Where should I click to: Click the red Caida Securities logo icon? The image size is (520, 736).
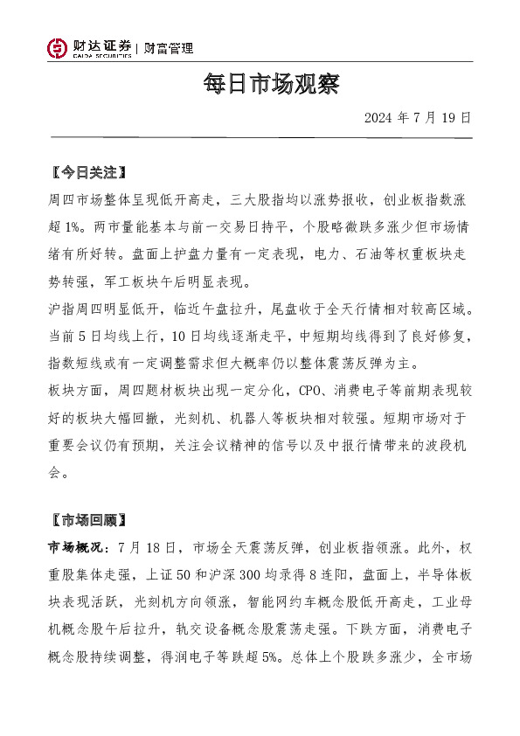pyautogui.click(x=57, y=49)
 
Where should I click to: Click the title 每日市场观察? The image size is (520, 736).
pyautogui.click(x=259, y=85)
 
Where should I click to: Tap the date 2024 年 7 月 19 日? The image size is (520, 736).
pyautogui.click(x=417, y=117)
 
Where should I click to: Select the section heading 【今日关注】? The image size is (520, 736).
pyautogui.click(x=88, y=170)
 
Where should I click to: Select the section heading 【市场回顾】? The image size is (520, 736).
pyautogui.click(x=88, y=520)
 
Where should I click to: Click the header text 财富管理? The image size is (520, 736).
pyautogui.click(x=169, y=49)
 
